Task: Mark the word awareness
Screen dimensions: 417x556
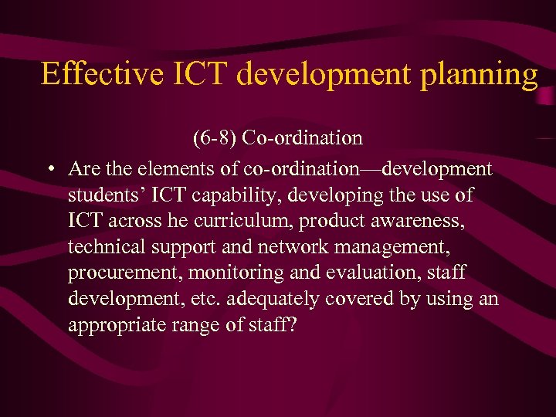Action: coord(425,222)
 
